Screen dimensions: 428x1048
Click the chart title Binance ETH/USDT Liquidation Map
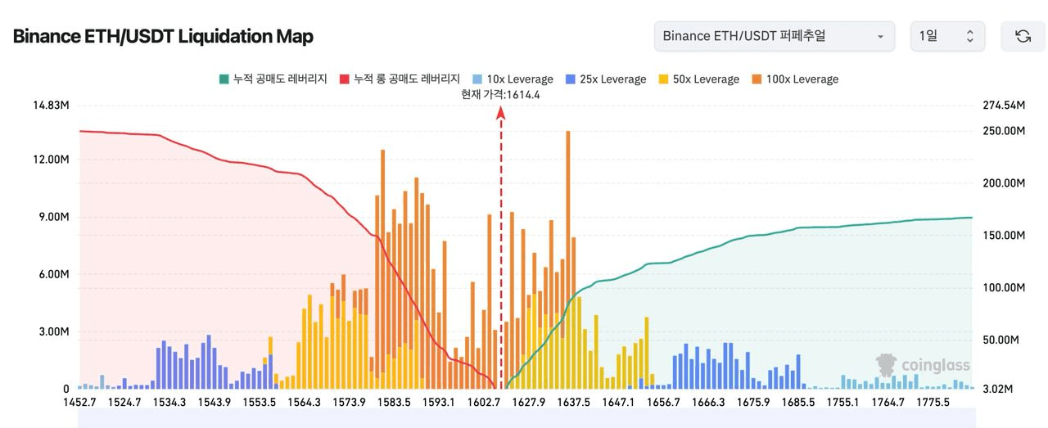[163, 37]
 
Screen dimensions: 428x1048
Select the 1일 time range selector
[947, 37]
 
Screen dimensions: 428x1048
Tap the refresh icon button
[1023, 37]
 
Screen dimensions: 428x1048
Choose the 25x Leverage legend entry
[605, 79]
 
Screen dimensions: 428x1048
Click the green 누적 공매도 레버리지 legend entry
[273, 79]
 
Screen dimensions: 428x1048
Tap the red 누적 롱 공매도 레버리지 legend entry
[400, 79]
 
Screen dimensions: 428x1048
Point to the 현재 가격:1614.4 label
[500, 95]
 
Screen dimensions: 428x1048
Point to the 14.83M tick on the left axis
[52, 106]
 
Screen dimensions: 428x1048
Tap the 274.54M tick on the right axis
[1004, 106]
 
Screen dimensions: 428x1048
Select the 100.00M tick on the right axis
[1004, 287]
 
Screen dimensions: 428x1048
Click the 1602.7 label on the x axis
[484, 403]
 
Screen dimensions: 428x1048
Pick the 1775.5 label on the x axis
[933, 403]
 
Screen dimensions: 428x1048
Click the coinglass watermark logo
[923, 365]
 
